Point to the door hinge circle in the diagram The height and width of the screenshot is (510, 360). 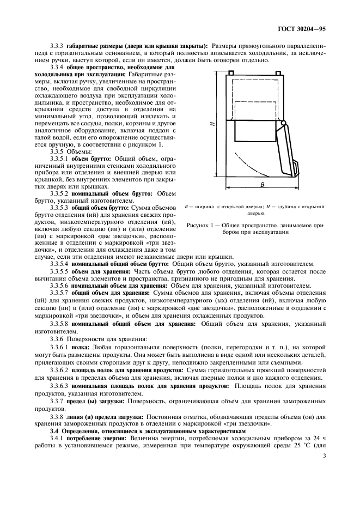point(283,125)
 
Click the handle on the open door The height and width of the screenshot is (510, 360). point(296,167)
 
